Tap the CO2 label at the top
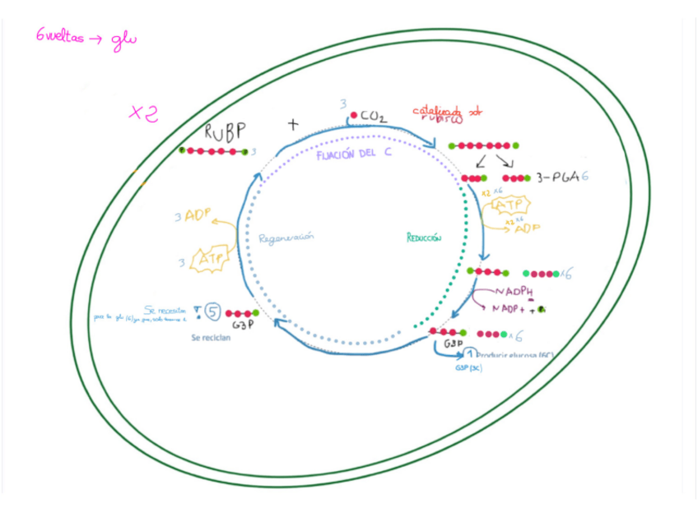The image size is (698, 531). point(372,118)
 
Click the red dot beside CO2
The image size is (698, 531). point(354,115)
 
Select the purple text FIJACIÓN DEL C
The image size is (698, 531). point(354,156)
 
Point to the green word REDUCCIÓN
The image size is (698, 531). point(424,238)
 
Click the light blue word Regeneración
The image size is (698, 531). point(286,238)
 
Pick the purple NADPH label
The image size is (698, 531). point(514,293)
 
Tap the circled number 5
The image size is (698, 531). point(212,312)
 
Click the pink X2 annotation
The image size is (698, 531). point(142,113)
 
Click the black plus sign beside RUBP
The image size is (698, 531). point(292,125)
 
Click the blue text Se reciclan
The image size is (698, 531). point(211,338)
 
